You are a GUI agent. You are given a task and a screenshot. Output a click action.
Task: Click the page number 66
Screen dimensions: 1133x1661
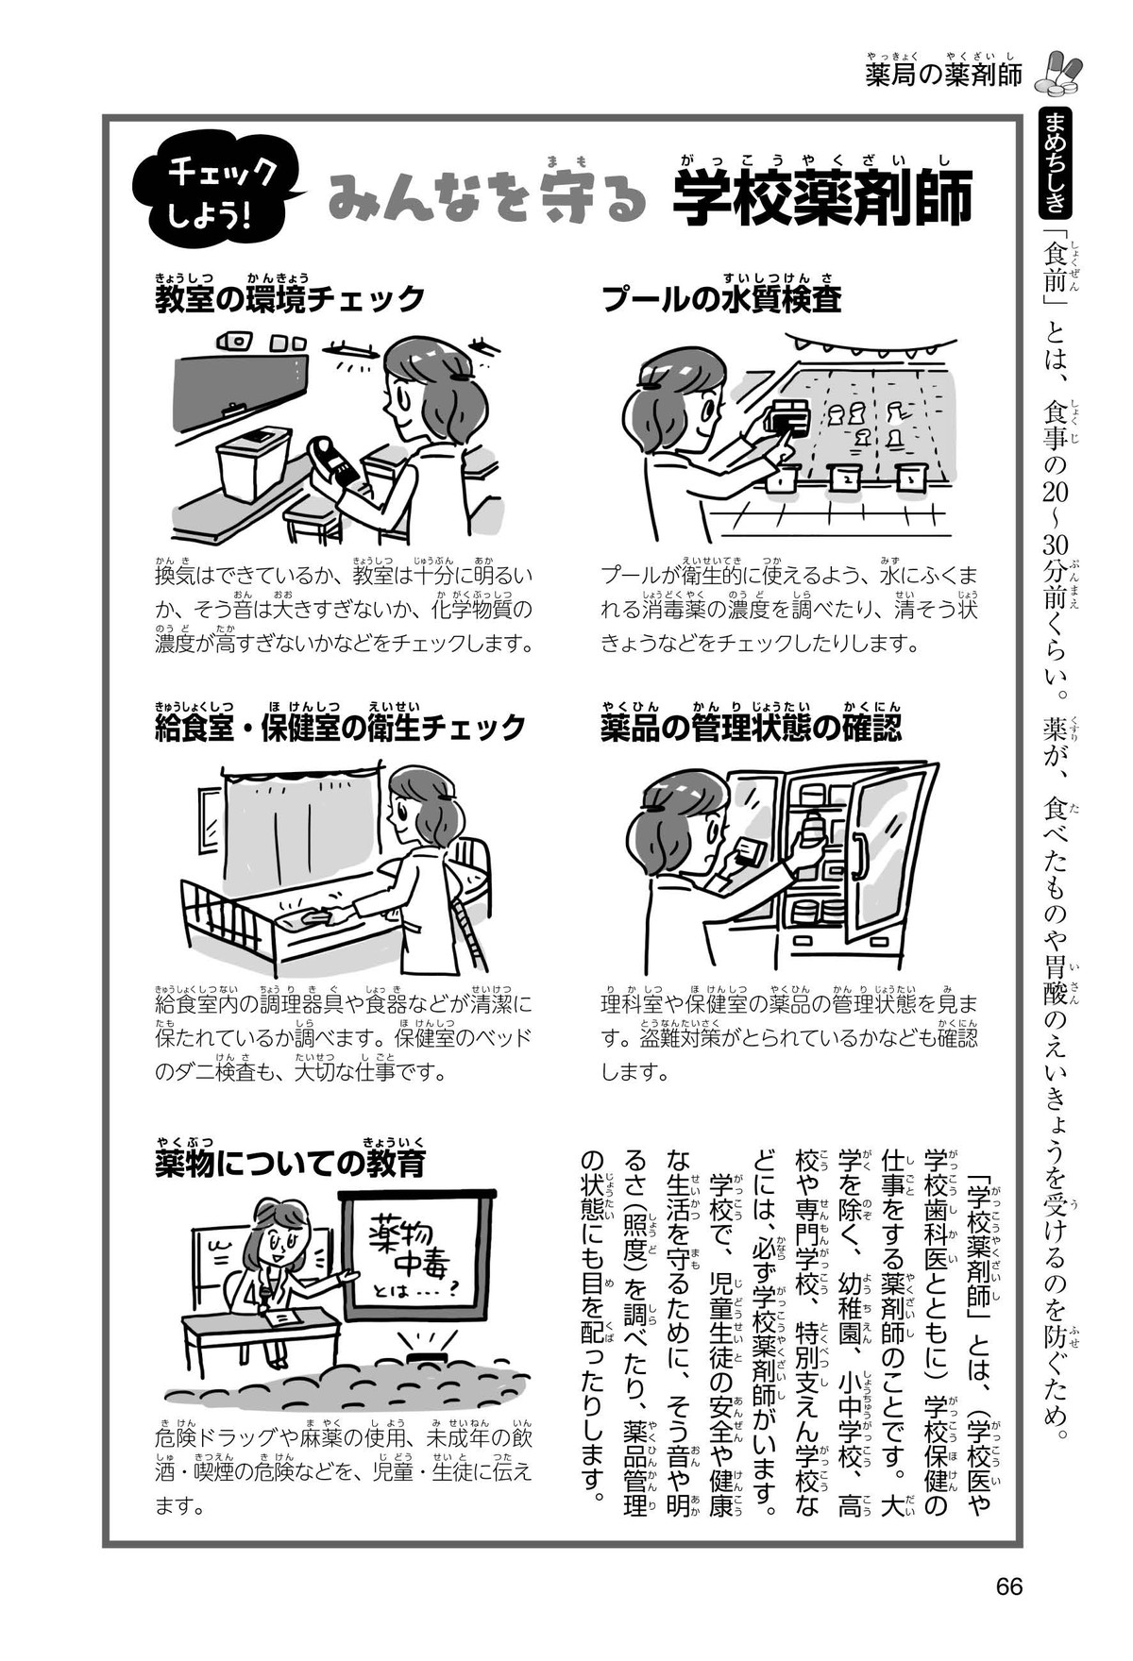coord(1009,1585)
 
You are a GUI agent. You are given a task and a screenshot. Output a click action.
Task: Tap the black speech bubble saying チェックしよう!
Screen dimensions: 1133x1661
coord(219,191)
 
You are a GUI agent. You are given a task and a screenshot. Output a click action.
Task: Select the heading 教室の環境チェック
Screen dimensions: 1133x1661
coord(290,299)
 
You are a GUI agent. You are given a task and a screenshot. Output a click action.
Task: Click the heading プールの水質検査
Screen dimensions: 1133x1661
coord(722,299)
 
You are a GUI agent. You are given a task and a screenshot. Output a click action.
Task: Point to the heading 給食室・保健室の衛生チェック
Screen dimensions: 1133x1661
coord(340,727)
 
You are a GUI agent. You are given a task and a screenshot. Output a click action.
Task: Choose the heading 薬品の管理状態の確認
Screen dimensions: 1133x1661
coord(751,727)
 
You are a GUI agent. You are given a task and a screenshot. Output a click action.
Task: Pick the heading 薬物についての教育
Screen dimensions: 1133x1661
coord(290,1163)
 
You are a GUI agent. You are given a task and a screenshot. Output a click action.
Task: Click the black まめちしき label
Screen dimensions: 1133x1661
coord(1054,160)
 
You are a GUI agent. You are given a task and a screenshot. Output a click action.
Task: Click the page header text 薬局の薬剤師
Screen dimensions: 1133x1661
coord(944,75)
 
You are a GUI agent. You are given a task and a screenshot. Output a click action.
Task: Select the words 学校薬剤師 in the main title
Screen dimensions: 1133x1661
coord(822,200)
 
